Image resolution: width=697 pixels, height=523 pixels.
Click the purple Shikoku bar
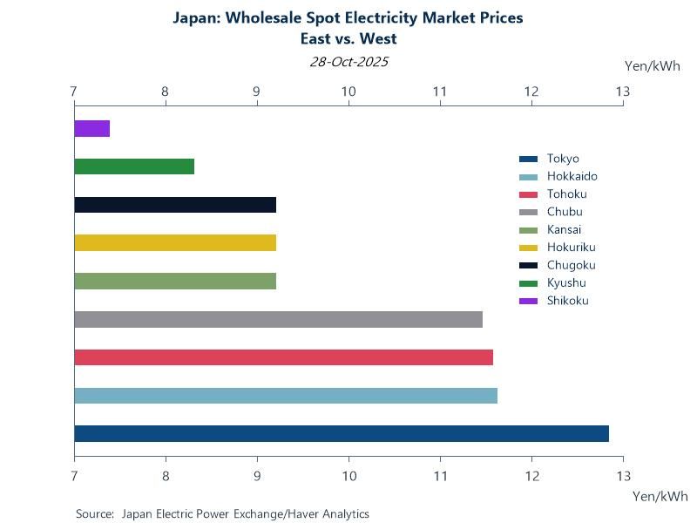tap(91, 129)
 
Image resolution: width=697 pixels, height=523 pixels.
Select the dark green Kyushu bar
tap(134, 166)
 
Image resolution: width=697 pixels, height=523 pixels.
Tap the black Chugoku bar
tap(175, 205)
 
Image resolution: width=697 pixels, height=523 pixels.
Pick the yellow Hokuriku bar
tap(175, 242)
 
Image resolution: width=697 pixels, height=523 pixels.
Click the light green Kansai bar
tap(175, 281)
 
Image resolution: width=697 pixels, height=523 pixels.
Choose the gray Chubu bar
tap(278, 319)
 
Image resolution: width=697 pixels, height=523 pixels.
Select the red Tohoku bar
tap(283, 357)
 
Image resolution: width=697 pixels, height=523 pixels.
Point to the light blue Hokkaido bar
tap(286, 396)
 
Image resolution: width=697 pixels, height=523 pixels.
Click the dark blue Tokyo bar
tap(342, 433)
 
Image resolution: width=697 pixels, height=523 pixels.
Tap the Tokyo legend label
tap(563, 159)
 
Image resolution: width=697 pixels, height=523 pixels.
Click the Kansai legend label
tap(564, 230)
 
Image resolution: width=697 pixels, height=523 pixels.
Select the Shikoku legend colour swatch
tap(527, 301)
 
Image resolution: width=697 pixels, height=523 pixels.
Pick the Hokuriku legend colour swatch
tap(527, 248)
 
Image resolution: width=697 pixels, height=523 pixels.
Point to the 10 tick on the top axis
tap(348, 92)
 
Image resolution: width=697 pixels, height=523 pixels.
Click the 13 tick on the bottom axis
tap(623, 475)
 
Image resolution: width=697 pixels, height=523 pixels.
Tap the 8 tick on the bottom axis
tap(166, 475)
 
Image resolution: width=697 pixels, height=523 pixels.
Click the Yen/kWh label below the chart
tap(660, 496)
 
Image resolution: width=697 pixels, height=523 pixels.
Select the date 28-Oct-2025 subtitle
tap(348, 62)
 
